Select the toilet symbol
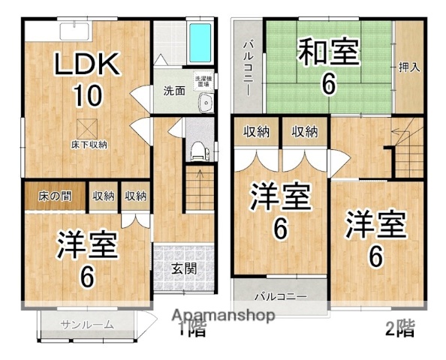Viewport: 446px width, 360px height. click(x=198, y=148)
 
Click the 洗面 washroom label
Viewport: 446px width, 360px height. click(x=175, y=91)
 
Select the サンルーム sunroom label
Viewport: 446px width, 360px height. click(x=87, y=325)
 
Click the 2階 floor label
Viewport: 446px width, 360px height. click(x=399, y=327)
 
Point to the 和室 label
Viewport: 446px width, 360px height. click(x=328, y=53)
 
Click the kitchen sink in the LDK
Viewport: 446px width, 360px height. click(x=75, y=30)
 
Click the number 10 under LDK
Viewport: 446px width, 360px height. click(x=88, y=96)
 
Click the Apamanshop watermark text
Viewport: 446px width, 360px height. click(x=225, y=316)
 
